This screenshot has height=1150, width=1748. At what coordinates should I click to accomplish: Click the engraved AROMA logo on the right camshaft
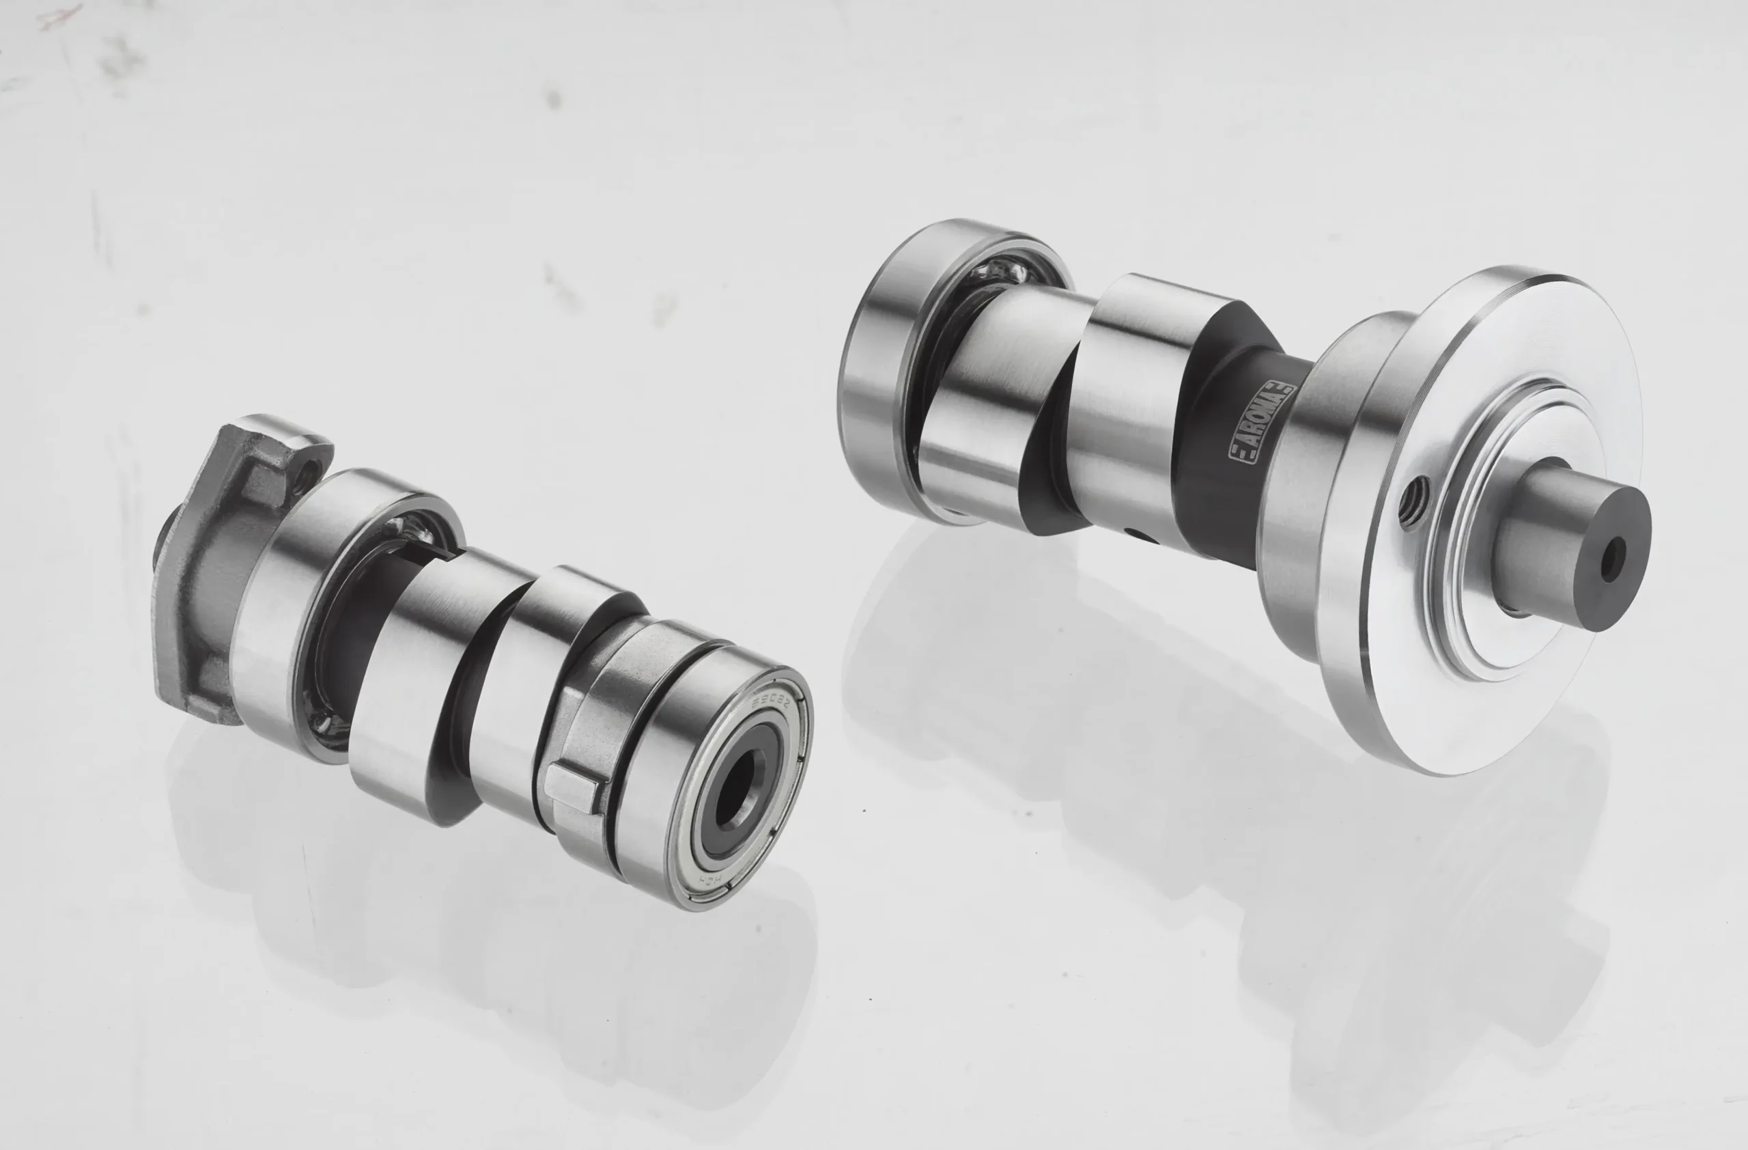pos(1262,422)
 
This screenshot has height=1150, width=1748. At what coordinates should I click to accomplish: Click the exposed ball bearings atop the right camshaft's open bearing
pos(999,273)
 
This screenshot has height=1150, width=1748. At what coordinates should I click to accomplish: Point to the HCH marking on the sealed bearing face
pos(711,879)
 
